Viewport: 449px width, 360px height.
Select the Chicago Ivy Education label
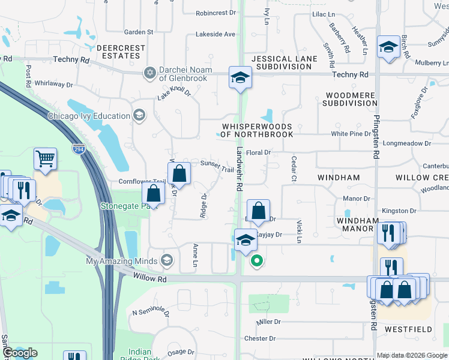coord(89,116)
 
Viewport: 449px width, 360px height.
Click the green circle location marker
coord(257,260)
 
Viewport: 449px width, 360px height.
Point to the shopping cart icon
coord(45,158)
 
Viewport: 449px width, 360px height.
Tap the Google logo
coord(20,353)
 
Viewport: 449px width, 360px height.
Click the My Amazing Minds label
coord(122,261)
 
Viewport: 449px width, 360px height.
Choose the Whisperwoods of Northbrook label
coord(257,130)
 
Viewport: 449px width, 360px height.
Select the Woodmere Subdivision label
coord(351,99)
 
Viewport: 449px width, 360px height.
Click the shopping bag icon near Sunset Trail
coord(179,174)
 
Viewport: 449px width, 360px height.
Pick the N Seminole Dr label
coord(151,312)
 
